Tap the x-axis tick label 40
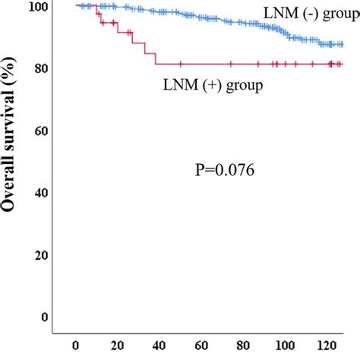[156, 349]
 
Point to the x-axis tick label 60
[196, 349]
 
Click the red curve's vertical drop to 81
[156, 58]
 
